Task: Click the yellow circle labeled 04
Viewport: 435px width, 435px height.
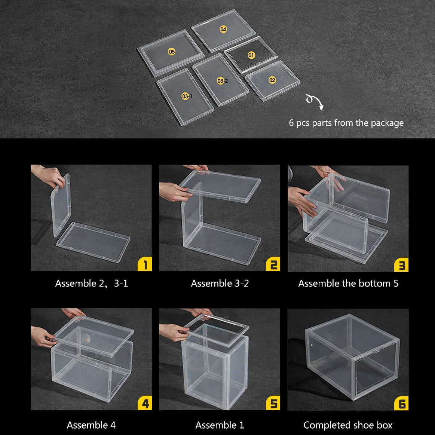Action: click(223, 29)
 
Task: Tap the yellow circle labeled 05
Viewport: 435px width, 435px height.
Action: click(172, 52)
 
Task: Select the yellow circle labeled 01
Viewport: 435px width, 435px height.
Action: click(251, 55)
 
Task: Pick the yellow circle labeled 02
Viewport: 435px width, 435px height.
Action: click(272, 80)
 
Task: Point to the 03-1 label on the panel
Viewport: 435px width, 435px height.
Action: click(187, 97)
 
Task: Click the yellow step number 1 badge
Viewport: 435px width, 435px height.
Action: click(145, 264)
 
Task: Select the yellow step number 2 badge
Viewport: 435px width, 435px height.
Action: click(273, 264)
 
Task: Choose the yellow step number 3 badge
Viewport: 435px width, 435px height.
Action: click(401, 265)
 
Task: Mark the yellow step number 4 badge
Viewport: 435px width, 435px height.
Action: click(145, 404)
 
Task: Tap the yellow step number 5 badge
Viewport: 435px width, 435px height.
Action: click(273, 404)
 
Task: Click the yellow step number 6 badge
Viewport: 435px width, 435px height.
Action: click(401, 404)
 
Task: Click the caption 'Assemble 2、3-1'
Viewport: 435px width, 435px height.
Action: click(92, 284)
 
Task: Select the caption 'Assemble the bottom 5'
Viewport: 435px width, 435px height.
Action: click(348, 284)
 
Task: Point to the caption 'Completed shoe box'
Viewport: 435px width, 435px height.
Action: click(348, 425)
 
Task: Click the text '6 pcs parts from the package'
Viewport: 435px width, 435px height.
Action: click(346, 123)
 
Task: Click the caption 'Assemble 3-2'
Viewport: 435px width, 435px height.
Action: click(220, 284)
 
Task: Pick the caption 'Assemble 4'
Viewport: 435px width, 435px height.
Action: click(91, 425)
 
